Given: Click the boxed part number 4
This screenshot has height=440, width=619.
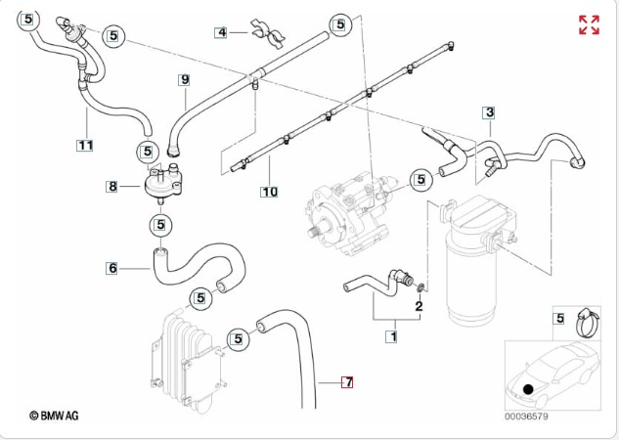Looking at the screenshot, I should [x=222, y=32].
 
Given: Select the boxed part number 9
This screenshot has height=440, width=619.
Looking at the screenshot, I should [x=184, y=78].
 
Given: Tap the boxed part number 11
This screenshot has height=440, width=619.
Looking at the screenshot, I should [x=85, y=146].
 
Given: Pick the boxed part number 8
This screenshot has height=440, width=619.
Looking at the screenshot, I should [x=112, y=185].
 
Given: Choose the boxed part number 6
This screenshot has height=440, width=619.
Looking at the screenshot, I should [x=112, y=267].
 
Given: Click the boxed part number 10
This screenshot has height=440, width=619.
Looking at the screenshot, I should [x=268, y=192].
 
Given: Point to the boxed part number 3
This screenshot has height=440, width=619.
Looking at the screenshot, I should [x=489, y=113].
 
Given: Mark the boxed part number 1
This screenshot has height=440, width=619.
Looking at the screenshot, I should [x=393, y=337].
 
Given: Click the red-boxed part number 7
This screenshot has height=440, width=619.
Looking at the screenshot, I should [x=346, y=381].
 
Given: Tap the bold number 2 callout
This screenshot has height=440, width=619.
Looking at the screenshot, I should [x=419, y=306].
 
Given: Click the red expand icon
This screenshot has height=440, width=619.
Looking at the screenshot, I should [x=589, y=25].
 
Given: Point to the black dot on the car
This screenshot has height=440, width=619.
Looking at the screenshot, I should [x=528, y=388].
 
